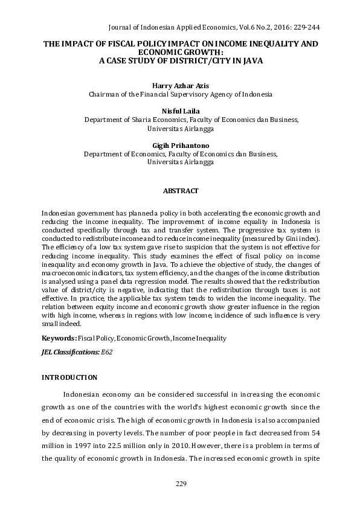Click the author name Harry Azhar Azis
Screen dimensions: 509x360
pyautogui.click(x=180, y=85)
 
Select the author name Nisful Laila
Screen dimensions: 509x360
pyautogui.click(x=180, y=110)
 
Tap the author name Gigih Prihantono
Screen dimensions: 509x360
pyautogui.click(x=180, y=145)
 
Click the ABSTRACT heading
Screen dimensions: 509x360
pyautogui.click(x=181, y=191)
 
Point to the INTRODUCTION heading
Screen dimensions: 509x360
pyautogui.click(x=69, y=377)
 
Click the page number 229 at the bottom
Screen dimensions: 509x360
pyautogui.click(x=181, y=484)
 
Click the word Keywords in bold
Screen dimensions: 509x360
pyautogui.click(x=58, y=338)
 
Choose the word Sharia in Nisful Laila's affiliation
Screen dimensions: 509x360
pyautogui.click(x=140, y=120)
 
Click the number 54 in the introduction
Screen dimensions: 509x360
pyautogui.click(x=313, y=418)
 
